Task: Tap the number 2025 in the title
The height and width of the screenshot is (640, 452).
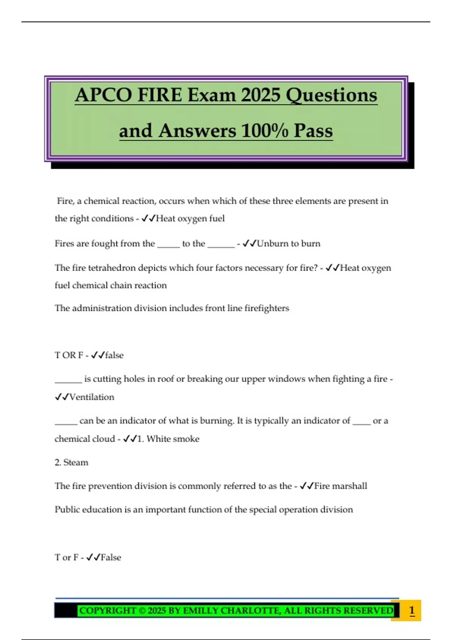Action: click(x=261, y=95)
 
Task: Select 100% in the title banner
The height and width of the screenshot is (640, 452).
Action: click(x=264, y=131)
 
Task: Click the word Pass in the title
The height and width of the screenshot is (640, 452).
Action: click(x=313, y=131)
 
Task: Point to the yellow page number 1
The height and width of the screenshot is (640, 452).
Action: click(x=412, y=610)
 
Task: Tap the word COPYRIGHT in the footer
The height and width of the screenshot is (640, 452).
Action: click(x=107, y=610)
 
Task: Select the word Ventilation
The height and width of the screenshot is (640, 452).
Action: click(x=92, y=397)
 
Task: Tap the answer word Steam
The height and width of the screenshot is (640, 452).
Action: click(x=76, y=462)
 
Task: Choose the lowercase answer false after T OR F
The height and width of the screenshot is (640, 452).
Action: click(x=115, y=355)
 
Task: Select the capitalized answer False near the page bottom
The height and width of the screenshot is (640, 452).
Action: click(x=111, y=557)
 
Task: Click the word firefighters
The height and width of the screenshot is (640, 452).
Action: click(x=267, y=308)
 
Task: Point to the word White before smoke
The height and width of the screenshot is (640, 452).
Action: click(x=158, y=439)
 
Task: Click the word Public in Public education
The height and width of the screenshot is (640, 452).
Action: click(x=67, y=509)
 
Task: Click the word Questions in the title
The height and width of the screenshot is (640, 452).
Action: click(x=331, y=95)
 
